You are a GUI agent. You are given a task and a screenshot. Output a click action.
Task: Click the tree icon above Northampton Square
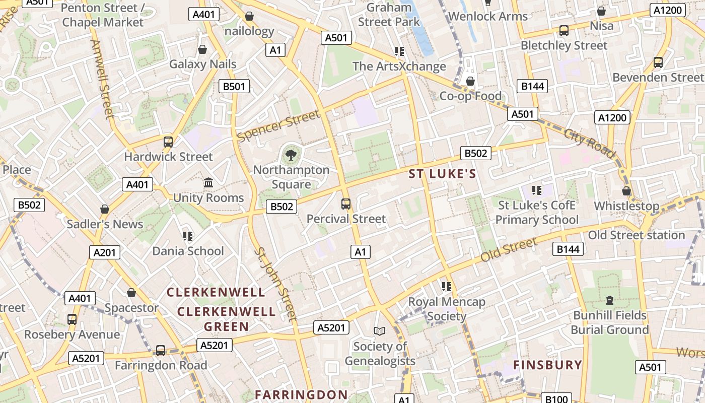[291, 155]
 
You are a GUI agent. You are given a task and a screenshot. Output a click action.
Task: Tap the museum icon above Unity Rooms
[208, 182]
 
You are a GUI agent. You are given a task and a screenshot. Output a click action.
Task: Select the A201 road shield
[105, 252]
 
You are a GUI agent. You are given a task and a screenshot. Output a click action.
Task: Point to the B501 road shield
[234, 86]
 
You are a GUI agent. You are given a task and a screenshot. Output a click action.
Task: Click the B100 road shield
[556, 398]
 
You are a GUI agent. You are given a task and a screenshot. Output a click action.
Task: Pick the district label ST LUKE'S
[442, 174]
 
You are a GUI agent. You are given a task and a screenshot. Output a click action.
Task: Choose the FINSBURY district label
[547, 365]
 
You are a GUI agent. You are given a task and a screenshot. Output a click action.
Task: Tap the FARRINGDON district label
[301, 394]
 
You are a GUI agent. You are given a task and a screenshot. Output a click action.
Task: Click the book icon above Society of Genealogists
[379, 331]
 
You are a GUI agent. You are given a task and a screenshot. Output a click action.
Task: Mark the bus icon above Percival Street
[346, 204]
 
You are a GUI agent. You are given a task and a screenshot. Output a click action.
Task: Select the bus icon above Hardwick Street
[168, 142]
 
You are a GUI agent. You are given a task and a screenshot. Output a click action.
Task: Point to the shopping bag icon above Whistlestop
[626, 191]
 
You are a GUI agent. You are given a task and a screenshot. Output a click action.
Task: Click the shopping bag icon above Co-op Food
[470, 81]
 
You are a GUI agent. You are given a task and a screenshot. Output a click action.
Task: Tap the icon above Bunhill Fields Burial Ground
[610, 300]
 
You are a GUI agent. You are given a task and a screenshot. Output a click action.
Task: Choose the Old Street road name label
[509, 250]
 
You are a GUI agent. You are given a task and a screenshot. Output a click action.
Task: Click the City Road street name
[590, 144]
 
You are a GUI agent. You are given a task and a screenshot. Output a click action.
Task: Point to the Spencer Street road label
[278, 126]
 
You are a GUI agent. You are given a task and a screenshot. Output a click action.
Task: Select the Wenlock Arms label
[488, 16]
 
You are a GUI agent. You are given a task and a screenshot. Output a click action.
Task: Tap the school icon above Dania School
[188, 236]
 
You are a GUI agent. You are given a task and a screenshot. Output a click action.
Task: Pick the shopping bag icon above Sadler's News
[105, 209]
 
